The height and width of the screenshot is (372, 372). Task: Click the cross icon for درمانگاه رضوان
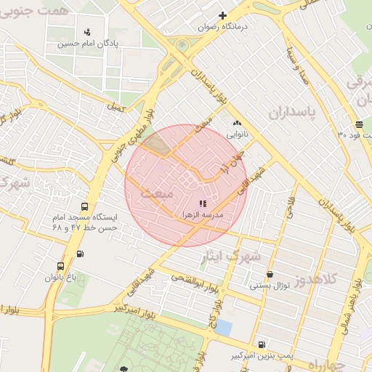point(223,15)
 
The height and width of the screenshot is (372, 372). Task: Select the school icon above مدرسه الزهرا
point(203,204)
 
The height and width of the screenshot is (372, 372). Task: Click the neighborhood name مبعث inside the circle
point(158,194)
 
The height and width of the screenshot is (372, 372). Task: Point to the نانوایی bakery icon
point(237,124)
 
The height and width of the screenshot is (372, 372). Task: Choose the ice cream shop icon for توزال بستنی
point(270,275)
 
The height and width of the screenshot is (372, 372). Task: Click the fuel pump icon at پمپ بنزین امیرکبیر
point(262,344)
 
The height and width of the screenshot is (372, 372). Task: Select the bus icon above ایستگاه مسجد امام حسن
point(86,206)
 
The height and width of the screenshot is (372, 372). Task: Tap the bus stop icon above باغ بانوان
point(60,267)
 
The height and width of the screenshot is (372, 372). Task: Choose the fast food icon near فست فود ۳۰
point(360,124)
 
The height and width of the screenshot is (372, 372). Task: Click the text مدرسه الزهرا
point(211,216)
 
